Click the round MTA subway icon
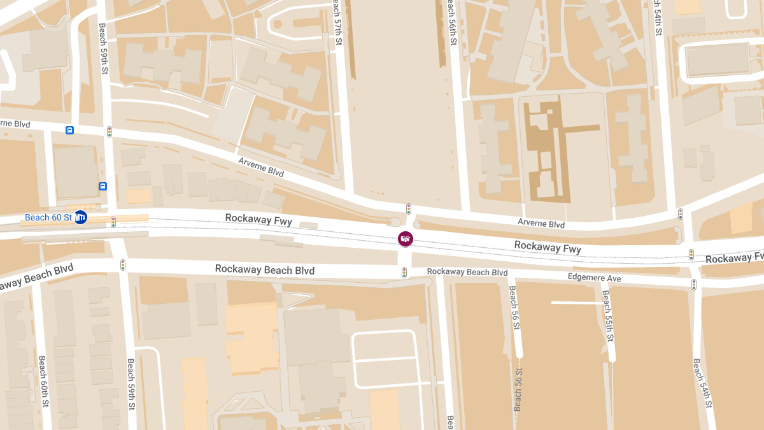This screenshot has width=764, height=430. point(80,218)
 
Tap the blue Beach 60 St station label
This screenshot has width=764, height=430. point(48,218)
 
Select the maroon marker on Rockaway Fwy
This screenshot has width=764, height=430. point(406,239)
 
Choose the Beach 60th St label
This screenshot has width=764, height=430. point(43,381)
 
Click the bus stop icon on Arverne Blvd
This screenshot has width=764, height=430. point(69,130)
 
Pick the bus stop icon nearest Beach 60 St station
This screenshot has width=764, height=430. point(103,186)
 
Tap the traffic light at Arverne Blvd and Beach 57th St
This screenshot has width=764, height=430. point(409,209)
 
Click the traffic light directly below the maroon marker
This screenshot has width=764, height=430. point(404,273)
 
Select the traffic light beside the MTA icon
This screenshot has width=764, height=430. point(113,222)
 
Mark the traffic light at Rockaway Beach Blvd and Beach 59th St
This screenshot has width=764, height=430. point(123,264)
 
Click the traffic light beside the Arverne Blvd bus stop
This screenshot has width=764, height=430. point(110,132)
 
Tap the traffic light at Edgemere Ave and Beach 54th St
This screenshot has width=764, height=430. point(694,284)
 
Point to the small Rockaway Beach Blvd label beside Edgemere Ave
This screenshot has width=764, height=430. point(467,272)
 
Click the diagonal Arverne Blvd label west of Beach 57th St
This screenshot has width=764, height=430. point(261,167)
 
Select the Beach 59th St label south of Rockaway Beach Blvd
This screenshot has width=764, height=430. point(131,383)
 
